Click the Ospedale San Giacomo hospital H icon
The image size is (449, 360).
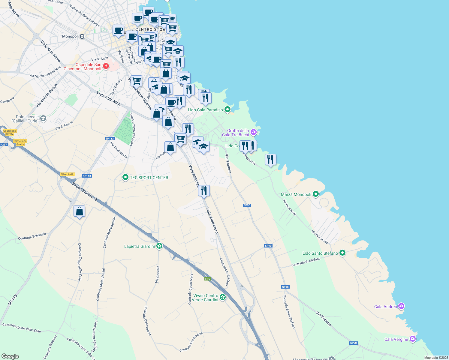click(x=106, y=66)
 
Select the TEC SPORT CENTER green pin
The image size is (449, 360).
click(x=125, y=178)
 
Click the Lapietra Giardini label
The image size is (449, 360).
click(x=140, y=246)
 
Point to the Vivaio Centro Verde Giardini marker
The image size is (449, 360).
click(x=222, y=297)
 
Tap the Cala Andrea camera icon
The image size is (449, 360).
click(x=401, y=306)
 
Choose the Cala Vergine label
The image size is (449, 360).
click(x=396, y=339)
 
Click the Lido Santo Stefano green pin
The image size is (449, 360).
click(x=342, y=253)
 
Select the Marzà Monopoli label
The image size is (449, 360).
click(x=296, y=194)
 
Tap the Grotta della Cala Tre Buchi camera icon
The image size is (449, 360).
click(x=254, y=132)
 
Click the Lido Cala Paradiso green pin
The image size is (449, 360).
click(x=228, y=109)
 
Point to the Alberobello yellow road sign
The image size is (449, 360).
click(x=67, y=174)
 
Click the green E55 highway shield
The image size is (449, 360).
click(x=208, y=279)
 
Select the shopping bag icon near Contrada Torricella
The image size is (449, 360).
click(x=79, y=211)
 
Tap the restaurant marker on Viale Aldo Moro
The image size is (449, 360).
click(x=204, y=190)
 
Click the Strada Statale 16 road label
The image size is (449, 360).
click(x=85, y=191)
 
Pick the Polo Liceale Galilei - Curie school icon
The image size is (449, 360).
click(x=43, y=118)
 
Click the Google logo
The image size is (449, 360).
click(x=10, y=356)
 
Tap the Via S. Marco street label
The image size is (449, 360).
click(x=64, y=126)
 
